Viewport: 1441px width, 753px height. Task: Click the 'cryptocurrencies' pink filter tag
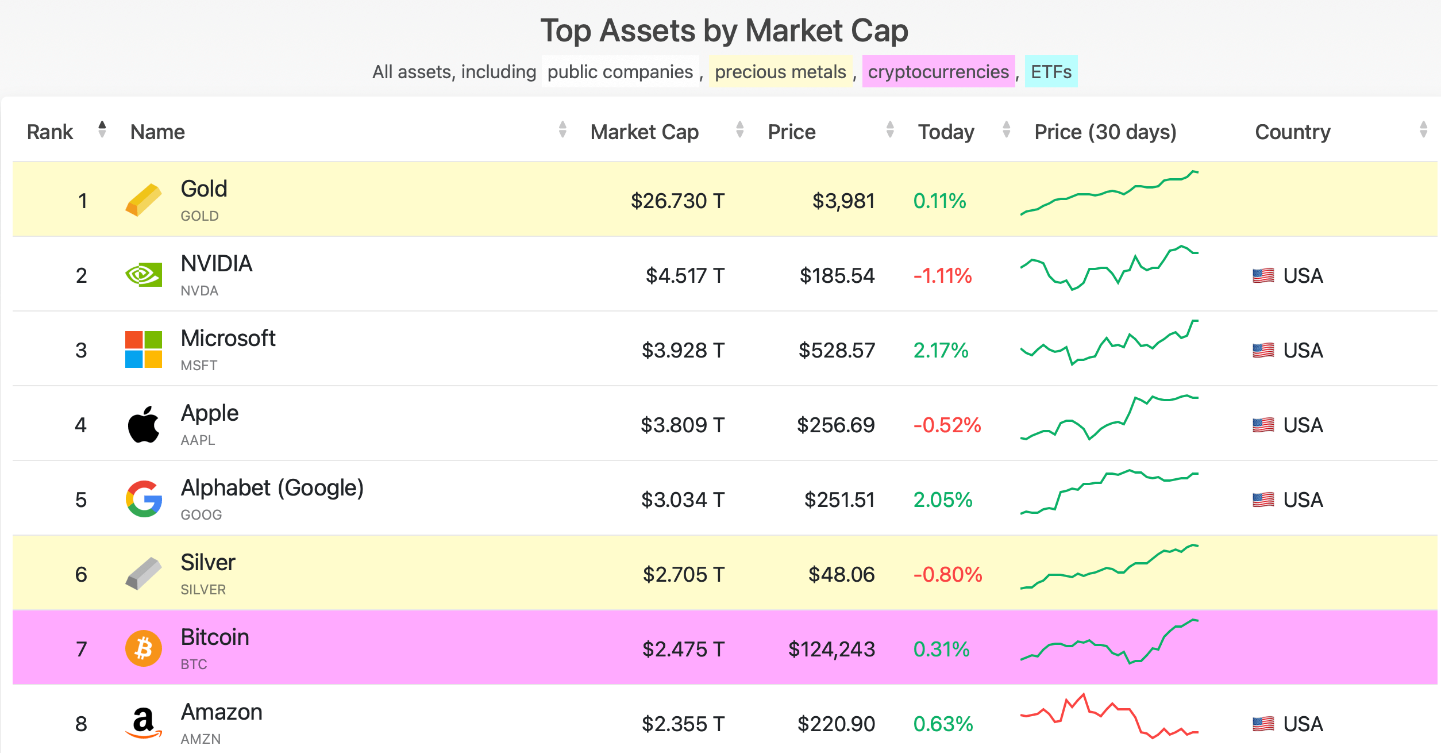(938, 72)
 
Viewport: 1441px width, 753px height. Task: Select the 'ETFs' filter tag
(1050, 72)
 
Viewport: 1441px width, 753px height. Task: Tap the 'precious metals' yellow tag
(780, 72)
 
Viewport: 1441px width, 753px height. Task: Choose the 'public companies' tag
(620, 72)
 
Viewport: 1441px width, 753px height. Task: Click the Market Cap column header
(644, 132)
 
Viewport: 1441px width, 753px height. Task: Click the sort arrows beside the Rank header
(102, 129)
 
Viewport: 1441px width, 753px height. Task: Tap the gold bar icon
(144, 200)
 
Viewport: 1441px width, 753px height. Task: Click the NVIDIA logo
(144, 275)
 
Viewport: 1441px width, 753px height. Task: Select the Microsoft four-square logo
(144, 349)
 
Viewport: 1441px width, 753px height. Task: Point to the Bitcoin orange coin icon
(144, 648)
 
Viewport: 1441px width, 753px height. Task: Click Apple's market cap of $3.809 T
(682, 425)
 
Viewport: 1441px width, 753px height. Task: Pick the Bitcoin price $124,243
(831, 650)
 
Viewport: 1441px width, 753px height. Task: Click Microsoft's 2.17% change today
(941, 351)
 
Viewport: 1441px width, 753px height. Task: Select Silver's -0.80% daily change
(947, 575)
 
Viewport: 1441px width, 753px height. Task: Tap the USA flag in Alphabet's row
(1263, 500)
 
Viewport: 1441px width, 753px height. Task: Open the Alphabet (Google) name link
(272, 488)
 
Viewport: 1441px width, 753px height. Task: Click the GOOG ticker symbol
(201, 515)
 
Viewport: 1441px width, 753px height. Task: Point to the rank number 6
(81, 575)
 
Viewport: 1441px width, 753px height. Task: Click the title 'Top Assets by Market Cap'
(724, 30)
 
